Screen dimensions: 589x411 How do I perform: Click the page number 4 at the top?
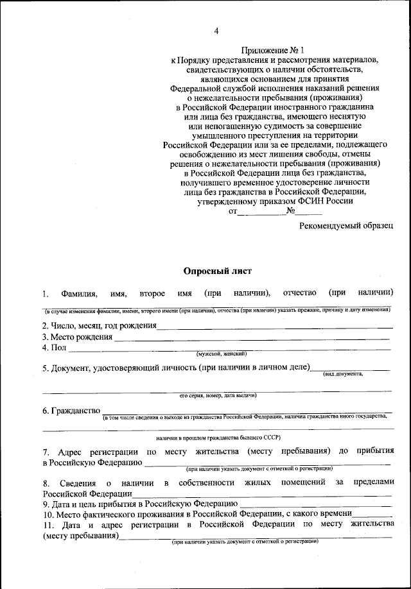216,31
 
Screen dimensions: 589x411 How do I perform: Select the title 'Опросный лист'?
218,271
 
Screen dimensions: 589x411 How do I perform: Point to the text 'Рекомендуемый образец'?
345,225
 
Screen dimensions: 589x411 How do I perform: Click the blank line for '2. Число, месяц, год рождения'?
274,327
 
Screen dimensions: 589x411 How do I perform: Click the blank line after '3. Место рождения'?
252,338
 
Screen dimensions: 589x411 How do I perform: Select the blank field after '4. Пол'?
229,348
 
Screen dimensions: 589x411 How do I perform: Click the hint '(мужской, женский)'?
222,354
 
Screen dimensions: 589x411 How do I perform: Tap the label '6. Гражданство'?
71,410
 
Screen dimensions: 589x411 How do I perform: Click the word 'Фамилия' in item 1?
79,294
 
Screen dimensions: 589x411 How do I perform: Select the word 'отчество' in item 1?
299,293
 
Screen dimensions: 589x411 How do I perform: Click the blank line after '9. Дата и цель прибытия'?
315,504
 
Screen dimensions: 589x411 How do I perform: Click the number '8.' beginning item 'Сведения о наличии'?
46,482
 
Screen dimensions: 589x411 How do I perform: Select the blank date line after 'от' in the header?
261,212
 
